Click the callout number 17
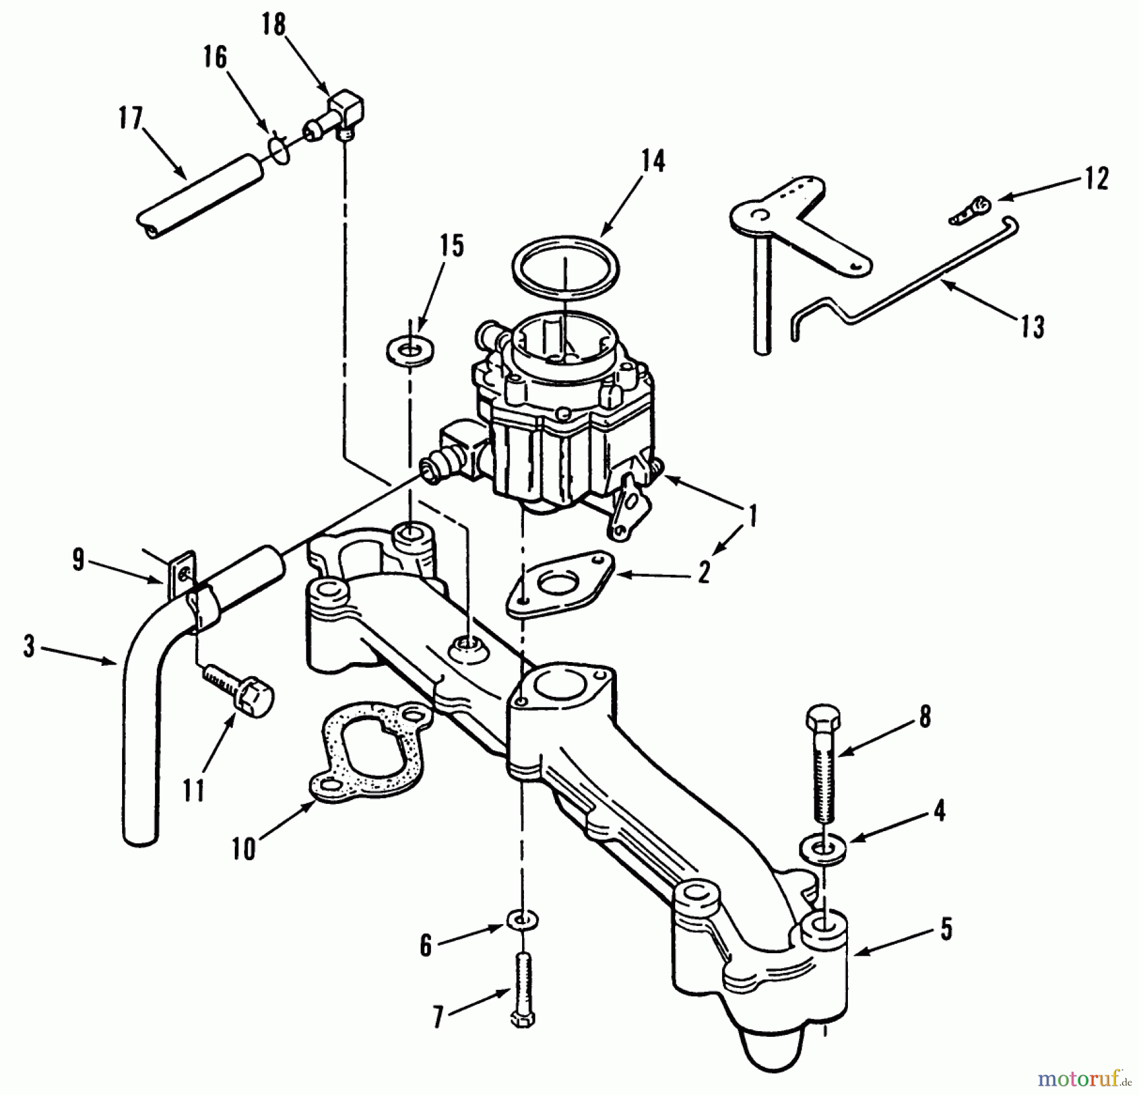[x=131, y=118]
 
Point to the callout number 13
[x=1032, y=327]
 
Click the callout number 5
[x=946, y=930]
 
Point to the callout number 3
[x=29, y=647]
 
